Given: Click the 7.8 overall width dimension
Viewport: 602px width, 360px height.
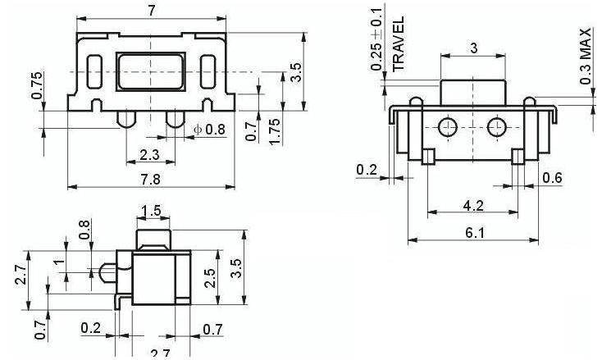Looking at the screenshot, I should coord(149,178).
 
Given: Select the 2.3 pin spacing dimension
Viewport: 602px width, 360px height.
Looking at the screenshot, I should coord(149,154).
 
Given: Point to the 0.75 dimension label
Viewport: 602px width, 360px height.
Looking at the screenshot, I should coord(38,84).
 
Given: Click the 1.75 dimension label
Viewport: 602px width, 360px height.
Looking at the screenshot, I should coord(276,131).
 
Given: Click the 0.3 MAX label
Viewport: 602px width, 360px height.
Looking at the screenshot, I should coord(586,57).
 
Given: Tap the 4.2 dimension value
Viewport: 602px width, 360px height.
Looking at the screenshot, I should coord(473,205).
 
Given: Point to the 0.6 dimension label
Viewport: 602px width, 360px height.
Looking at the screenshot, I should coord(553,178).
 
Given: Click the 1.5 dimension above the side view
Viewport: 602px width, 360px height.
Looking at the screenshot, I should coord(152,212).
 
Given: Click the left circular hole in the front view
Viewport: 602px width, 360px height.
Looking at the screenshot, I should coord(447,127).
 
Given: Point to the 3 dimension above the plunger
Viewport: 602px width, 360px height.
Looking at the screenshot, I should coord(472,48).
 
